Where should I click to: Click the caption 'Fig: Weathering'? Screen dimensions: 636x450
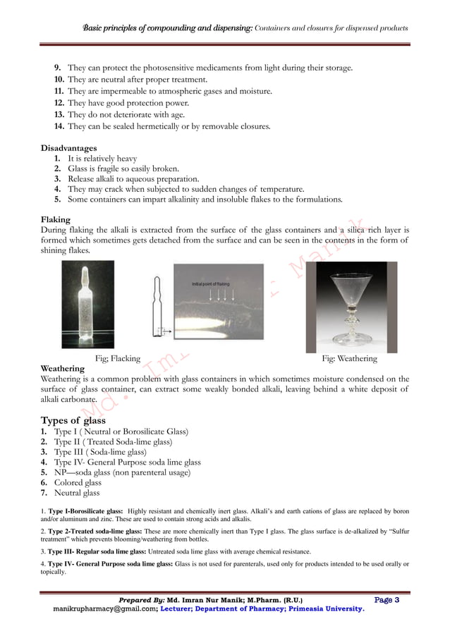[349, 357]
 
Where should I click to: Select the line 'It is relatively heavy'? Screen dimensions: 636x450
[102, 159]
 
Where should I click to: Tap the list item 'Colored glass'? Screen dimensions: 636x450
[83, 482]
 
